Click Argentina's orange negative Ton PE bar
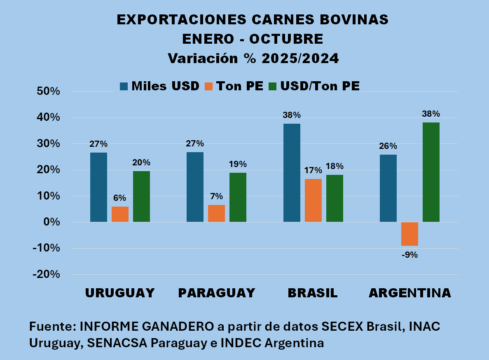tap(410, 234)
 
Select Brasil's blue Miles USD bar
tap(292, 173)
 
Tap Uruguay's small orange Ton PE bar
tap(120, 214)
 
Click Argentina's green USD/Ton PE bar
tap(431, 172)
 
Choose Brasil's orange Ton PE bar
tap(314, 200)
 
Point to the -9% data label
tap(410, 255)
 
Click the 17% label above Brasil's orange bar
tap(314, 170)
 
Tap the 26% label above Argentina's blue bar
tap(388, 146)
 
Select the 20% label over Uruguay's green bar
tap(141, 162)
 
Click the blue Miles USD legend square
tap(124, 86)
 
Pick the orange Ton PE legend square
tap(209, 86)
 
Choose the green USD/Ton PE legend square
tap(273, 86)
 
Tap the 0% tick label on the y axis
tap(53, 222)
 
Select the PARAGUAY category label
tap(217, 293)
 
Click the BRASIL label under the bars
tap(313, 293)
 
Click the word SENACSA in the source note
tap(107, 343)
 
